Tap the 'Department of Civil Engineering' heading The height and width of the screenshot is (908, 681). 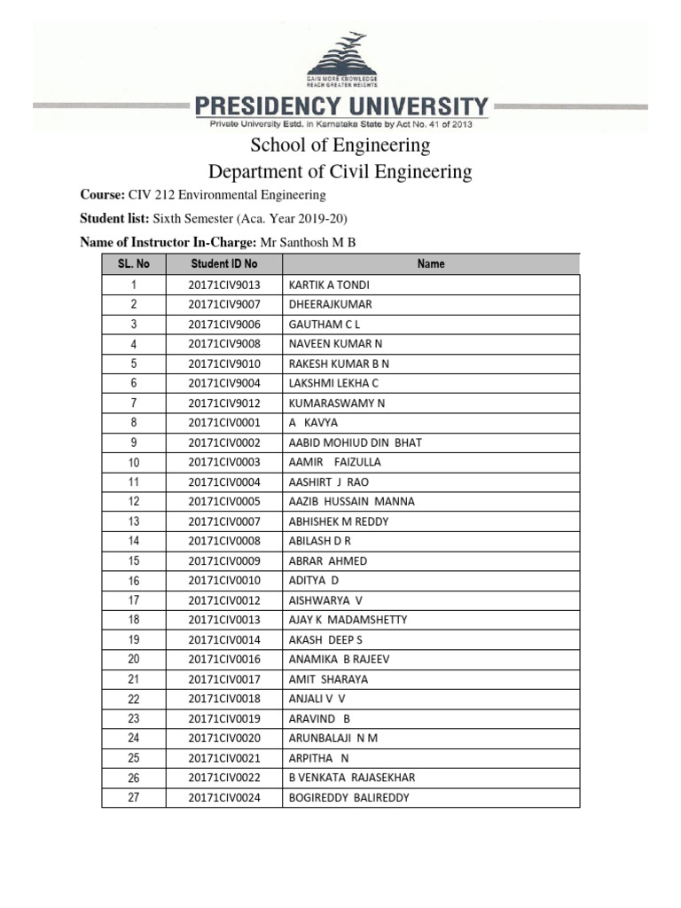click(340, 171)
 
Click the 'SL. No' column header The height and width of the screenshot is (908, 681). click(133, 263)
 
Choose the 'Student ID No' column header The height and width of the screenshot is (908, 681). click(223, 263)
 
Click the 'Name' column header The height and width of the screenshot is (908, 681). click(431, 263)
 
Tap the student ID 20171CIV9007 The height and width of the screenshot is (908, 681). click(223, 304)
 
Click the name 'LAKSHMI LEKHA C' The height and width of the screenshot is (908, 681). click(333, 383)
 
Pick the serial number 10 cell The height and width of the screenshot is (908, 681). click(133, 463)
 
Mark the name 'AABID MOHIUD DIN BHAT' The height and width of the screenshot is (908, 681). click(356, 442)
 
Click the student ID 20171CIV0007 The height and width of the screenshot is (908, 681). click(223, 521)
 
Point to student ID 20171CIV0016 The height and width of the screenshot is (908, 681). click(223, 659)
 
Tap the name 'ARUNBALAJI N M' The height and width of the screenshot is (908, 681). click(333, 738)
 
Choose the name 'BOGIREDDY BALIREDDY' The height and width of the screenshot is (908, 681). click(349, 797)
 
